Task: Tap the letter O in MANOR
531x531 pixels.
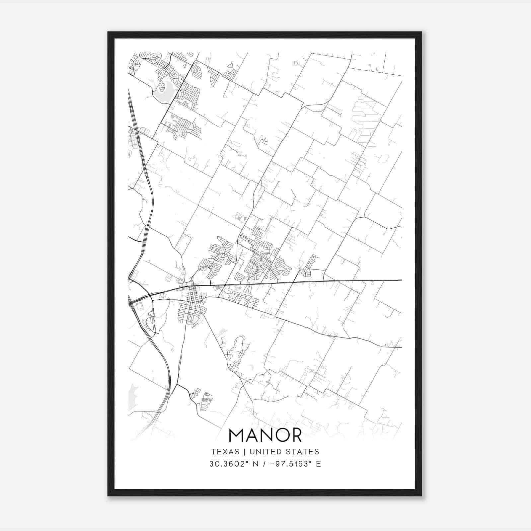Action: coord(278,435)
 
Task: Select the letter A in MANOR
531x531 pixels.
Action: coord(251,435)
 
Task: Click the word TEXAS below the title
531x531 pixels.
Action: coord(225,452)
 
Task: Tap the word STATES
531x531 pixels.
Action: coord(304,452)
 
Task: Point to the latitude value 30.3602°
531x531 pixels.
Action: coord(225,464)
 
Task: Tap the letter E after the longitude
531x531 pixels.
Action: coord(318,464)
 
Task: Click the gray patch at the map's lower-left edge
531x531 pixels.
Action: coord(132,392)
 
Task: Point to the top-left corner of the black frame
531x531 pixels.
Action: coord(109,33)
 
